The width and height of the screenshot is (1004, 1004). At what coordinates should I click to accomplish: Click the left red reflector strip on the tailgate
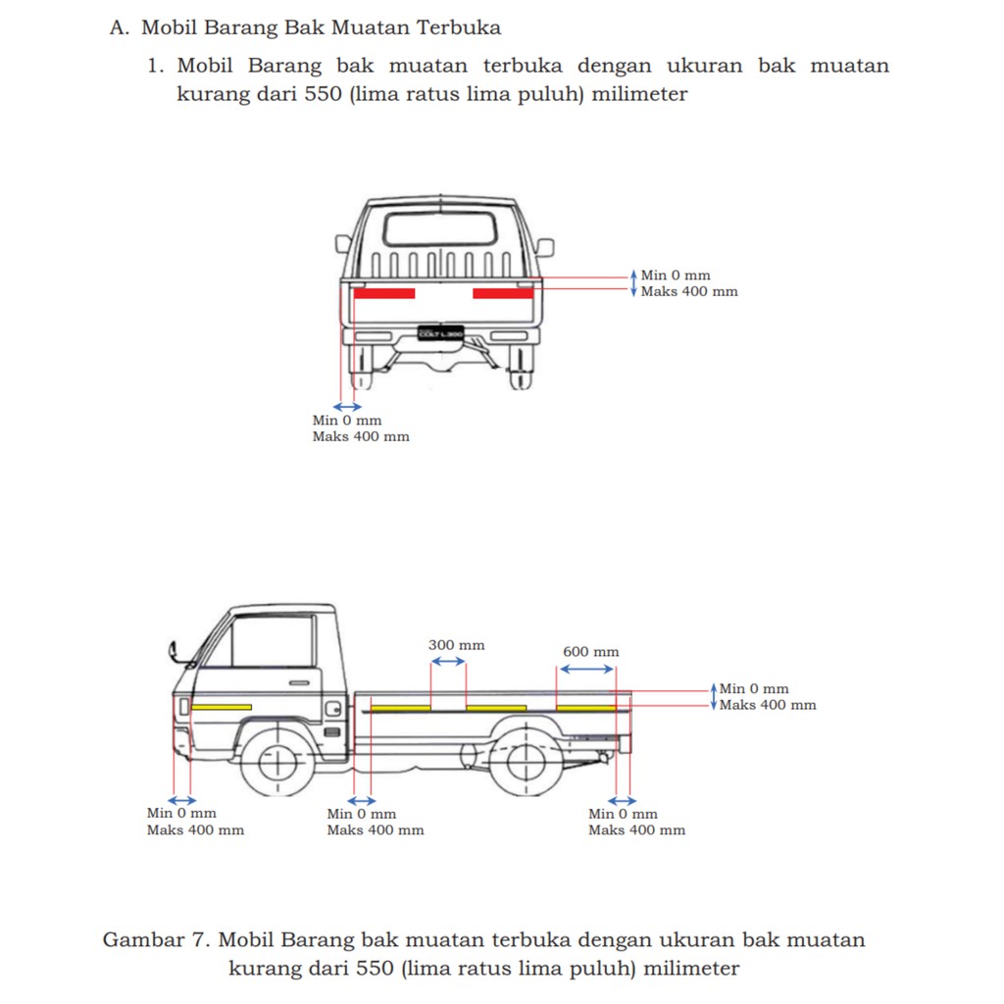(x=384, y=293)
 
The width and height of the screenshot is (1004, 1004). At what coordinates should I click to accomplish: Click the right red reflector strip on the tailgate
(x=503, y=293)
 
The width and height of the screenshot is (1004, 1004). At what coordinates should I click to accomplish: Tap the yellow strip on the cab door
(x=222, y=707)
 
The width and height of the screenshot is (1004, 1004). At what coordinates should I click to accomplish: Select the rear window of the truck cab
(x=433, y=229)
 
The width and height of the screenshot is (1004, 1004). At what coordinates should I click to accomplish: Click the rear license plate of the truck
(x=440, y=333)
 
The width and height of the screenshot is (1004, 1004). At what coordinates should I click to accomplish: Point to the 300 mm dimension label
(x=456, y=645)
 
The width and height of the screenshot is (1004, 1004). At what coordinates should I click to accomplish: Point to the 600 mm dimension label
(x=590, y=652)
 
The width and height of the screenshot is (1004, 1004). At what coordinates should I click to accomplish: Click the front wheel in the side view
(x=277, y=759)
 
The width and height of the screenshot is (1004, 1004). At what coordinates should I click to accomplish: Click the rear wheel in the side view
(x=527, y=759)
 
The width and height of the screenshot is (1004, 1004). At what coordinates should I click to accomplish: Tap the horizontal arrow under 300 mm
(x=448, y=662)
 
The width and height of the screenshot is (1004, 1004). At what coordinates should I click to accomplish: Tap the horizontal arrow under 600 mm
(x=585, y=669)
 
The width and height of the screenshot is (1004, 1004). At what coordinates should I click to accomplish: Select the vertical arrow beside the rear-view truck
(x=633, y=283)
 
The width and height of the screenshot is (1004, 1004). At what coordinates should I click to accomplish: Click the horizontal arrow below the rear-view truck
(x=347, y=407)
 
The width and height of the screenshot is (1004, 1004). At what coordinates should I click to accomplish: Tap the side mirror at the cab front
(x=174, y=650)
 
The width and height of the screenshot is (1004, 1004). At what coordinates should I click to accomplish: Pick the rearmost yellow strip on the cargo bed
(x=585, y=708)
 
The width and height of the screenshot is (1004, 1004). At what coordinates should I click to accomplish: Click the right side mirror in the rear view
(x=544, y=247)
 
